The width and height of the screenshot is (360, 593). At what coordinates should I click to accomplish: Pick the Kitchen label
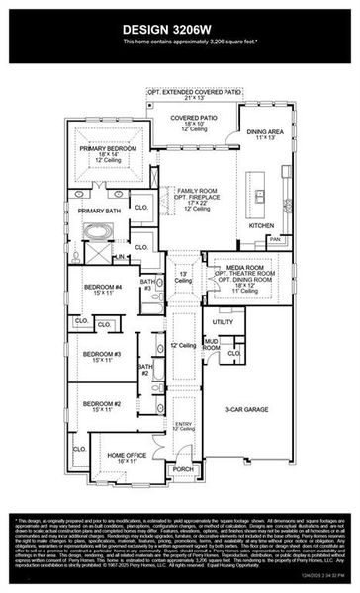(260, 226)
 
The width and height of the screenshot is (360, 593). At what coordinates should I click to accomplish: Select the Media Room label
(243, 267)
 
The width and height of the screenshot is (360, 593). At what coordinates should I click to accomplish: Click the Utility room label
(223, 321)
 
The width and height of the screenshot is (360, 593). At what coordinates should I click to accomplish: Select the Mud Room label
(212, 345)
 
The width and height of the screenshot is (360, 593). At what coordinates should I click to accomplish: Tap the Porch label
(183, 469)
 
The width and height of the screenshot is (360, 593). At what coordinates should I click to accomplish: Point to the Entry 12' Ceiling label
(183, 425)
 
